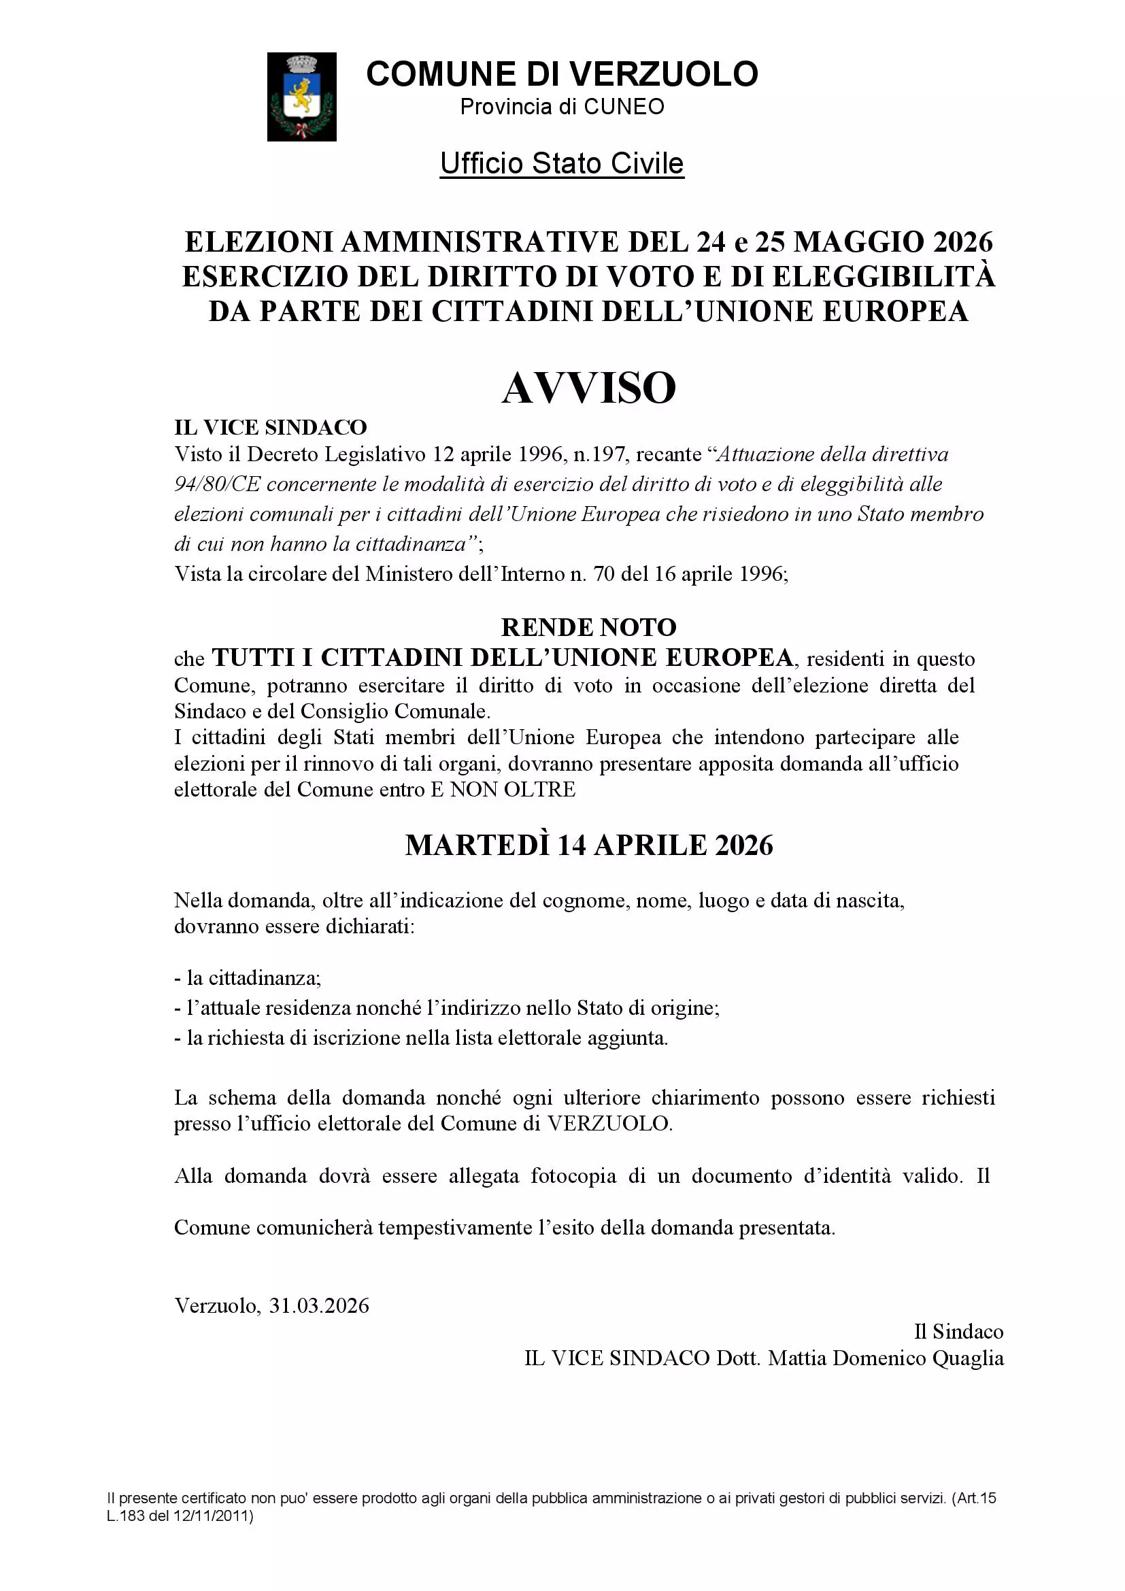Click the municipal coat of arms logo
(301, 97)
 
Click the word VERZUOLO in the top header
(664, 74)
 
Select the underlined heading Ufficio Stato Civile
(562, 163)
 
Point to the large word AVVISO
(589, 388)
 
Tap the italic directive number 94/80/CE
(217, 484)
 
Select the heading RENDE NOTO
(589, 627)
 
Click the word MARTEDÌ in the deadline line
(477, 845)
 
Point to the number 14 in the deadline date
(571, 845)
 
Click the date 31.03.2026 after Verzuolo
(318, 1306)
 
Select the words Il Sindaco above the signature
(959, 1331)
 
